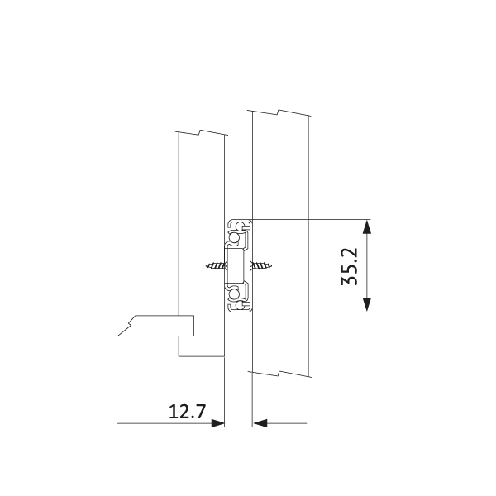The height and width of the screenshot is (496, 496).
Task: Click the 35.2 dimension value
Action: point(349,266)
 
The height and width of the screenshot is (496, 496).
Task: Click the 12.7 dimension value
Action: point(188,412)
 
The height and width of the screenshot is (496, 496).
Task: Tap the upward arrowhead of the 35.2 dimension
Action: point(366,227)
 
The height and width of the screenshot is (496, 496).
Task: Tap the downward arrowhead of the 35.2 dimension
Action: point(366,304)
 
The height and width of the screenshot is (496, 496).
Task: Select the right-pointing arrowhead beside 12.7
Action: point(217,423)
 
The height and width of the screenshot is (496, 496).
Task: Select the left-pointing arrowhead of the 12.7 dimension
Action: point(260,423)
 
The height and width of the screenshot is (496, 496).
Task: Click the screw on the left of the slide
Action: point(216,265)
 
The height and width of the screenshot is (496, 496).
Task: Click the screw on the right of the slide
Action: point(261,265)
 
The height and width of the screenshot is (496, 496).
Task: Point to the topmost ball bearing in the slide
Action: point(240,227)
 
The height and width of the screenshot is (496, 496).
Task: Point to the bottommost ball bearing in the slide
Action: point(240,305)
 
